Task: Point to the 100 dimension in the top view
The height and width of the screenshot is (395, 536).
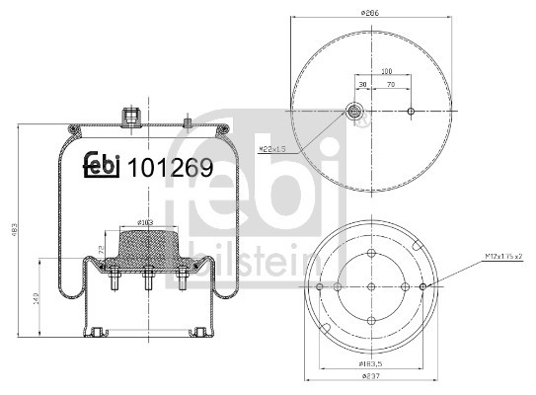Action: click(x=386, y=71)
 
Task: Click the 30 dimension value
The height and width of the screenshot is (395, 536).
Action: click(x=363, y=86)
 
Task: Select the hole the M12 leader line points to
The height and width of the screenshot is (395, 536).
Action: click(x=423, y=286)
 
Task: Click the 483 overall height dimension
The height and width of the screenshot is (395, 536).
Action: click(x=13, y=229)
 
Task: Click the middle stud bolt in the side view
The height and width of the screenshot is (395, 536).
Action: click(x=146, y=281)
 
